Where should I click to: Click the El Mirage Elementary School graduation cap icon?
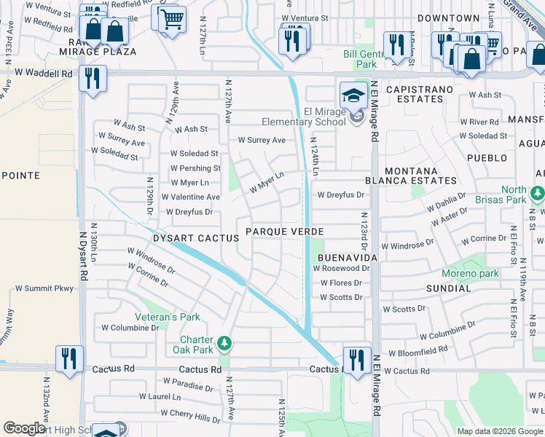click(353, 94)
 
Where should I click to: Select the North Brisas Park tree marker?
click(537, 194)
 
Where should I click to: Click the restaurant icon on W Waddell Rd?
click(93, 79)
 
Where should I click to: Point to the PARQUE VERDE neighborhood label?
click(284, 232)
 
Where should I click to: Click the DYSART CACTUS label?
click(196, 238)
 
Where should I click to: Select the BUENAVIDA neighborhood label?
click(346, 259)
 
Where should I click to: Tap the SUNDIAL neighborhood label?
click(448, 288)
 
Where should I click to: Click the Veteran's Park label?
click(167, 317)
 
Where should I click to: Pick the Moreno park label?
click(470, 274)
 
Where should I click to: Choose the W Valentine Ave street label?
click(190, 197)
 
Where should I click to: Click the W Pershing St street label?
click(195, 168)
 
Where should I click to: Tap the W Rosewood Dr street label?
click(341, 268)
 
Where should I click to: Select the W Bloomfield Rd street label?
click(417, 351)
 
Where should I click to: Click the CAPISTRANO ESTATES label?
click(419, 95)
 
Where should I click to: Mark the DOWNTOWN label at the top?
click(449, 18)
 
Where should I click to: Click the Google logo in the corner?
click(24, 428)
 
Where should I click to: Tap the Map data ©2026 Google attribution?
click(499, 431)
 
